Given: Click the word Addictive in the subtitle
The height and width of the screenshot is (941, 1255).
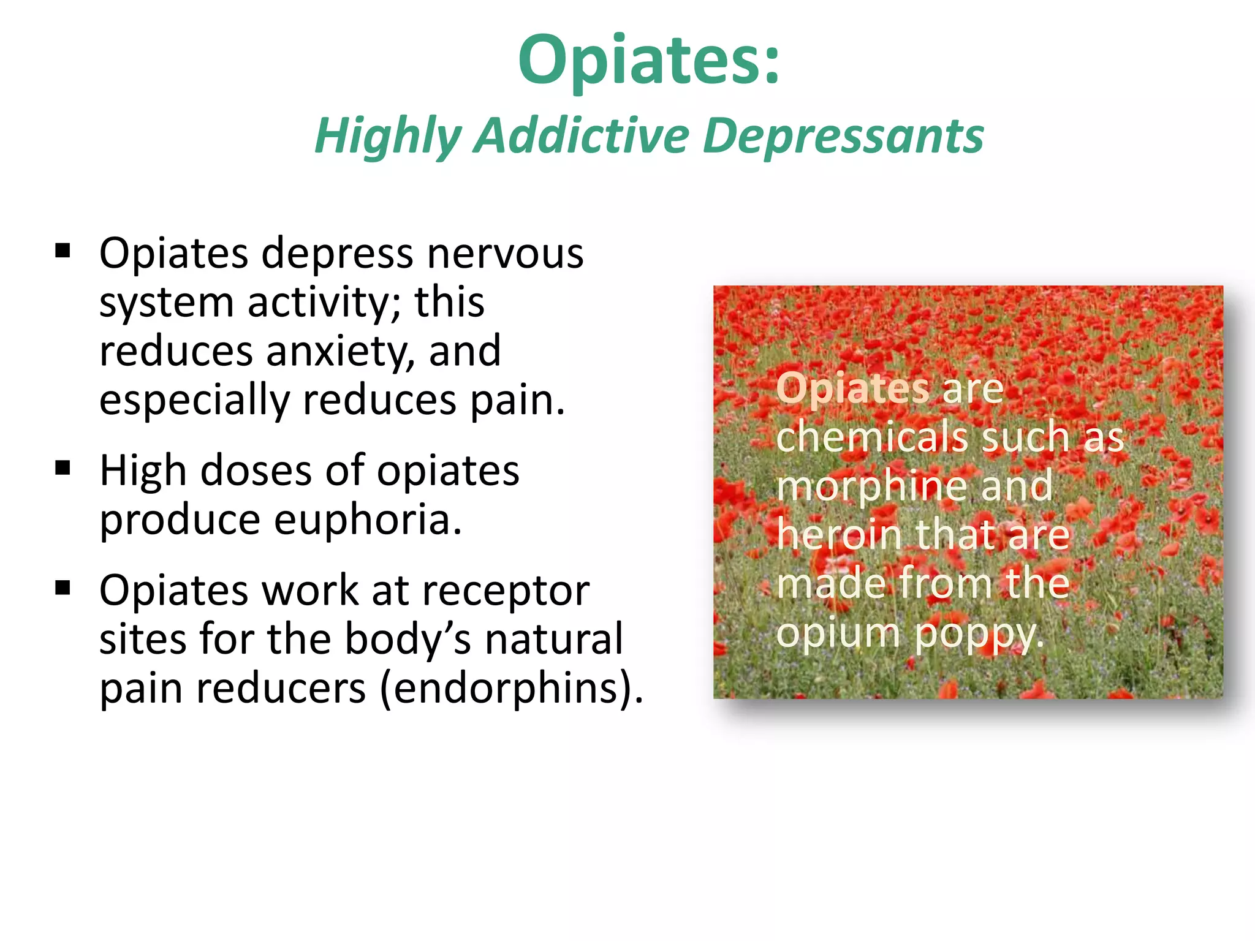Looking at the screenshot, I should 582,136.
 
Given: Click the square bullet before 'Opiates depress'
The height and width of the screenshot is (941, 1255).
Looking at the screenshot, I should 63,251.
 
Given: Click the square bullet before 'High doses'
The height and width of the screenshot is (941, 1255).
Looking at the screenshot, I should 63,469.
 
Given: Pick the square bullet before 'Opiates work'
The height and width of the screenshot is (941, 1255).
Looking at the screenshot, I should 63,588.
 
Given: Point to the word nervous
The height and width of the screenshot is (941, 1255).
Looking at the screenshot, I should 505,253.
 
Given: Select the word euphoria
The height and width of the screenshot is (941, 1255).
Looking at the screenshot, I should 367,520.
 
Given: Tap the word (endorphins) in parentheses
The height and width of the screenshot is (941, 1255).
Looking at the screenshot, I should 511,689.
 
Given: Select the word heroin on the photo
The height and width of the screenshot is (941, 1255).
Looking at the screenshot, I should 840,534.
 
